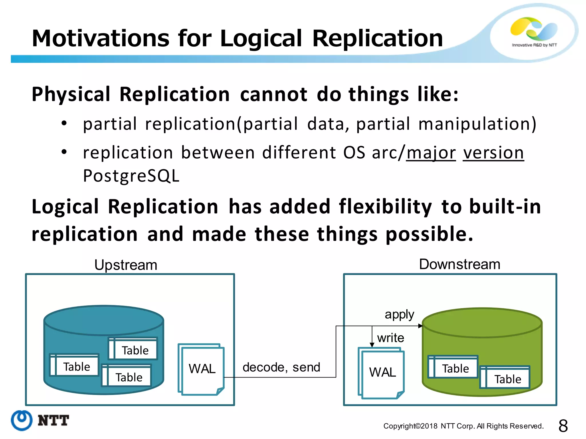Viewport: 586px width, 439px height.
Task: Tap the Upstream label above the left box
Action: click(x=126, y=265)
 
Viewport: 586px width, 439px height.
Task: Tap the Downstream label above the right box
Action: click(x=460, y=264)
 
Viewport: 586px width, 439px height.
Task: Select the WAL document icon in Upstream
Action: click(x=201, y=369)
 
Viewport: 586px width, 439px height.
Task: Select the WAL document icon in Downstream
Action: click(x=382, y=373)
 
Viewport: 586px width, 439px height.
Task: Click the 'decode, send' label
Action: click(x=281, y=367)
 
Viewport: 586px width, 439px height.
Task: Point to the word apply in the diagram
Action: click(x=399, y=315)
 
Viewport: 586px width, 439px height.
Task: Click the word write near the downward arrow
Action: click(x=391, y=338)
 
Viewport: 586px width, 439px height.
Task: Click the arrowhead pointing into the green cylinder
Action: click(x=420, y=326)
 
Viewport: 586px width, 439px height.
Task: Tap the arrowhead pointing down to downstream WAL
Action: click(x=372, y=345)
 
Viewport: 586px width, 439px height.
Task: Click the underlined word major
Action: click(x=431, y=153)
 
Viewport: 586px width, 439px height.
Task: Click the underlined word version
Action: click(x=493, y=153)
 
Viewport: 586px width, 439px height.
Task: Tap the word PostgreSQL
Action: click(x=131, y=176)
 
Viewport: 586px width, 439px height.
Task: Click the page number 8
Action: click(x=563, y=426)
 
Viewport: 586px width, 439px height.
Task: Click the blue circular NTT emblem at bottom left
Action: click(x=22, y=420)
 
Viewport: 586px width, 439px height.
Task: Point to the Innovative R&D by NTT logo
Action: click(x=534, y=31)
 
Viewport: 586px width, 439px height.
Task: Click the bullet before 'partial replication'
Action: click(x=64, y=123)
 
